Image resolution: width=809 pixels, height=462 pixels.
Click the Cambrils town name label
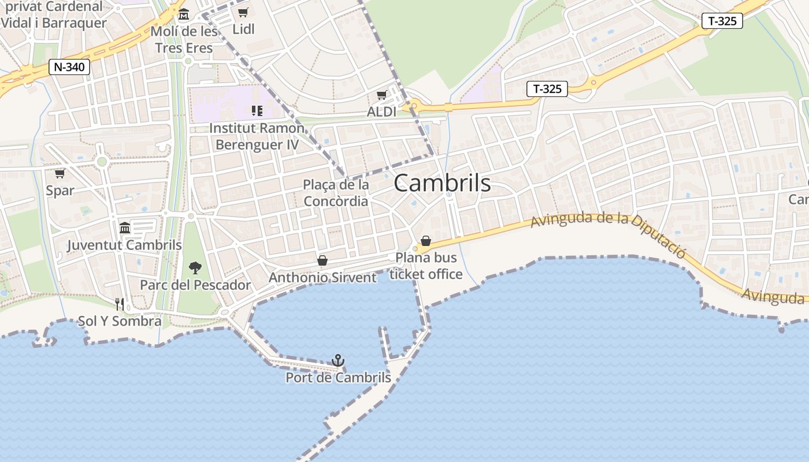point(442,183)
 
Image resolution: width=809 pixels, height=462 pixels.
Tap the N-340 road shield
point(69,67)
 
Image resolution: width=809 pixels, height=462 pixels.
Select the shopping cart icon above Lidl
point(243,12)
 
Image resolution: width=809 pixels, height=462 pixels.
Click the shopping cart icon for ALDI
point(381,95)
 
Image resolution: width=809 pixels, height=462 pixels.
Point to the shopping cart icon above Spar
point(60,173)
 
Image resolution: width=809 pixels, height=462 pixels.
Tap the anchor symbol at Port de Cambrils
point(338,361)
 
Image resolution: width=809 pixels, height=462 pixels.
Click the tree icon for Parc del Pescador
point(195,267)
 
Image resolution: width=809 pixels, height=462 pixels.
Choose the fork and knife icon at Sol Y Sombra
point(120,304)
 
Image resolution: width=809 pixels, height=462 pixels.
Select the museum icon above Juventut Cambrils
point(125,228)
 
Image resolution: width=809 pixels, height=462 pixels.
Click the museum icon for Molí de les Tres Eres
point(184,14)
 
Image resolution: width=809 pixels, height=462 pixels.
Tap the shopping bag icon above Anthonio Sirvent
point(322,260)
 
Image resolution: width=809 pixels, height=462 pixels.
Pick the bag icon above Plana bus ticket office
point(426,241)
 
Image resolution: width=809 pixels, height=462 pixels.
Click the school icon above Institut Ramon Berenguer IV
point(257,110)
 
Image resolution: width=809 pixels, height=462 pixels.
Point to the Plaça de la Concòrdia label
point(336,193)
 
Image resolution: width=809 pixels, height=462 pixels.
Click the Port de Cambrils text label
point(338,378)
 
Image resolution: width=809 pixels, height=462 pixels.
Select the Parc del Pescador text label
point(195,285)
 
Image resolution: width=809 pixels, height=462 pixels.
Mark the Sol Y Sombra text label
point(120,321)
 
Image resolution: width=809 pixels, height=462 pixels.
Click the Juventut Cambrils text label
point(125,245)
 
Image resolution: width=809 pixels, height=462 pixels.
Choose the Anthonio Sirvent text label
point(322,278)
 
